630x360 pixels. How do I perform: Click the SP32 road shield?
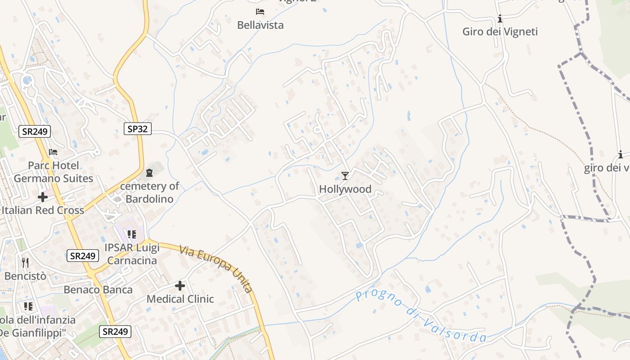(137, 129)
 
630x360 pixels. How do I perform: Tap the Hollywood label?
(345, 189)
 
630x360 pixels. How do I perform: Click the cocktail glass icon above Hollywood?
(345, 175)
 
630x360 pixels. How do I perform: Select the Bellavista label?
(261, 25)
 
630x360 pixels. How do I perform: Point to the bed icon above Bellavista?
(260, 11)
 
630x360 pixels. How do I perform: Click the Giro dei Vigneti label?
(500, 31)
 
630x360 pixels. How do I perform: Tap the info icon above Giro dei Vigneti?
(500, 19)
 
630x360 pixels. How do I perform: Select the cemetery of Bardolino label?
(149, 192)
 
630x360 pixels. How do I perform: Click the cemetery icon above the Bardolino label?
(149, 172)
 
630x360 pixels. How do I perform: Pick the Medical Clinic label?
(180, 299)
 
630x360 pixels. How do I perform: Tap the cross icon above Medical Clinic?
(180, 286)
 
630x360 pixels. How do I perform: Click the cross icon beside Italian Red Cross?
(43, 197)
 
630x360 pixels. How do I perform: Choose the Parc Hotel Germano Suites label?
(54, 172)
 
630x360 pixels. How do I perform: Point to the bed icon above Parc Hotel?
(53, 152)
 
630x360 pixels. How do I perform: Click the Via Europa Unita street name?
(216, 269)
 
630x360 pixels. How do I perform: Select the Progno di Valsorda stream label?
(421, 317)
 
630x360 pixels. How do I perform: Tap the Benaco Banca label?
(98, 289)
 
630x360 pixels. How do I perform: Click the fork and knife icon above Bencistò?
(25, 262)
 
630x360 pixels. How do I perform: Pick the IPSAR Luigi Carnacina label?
(132, 254)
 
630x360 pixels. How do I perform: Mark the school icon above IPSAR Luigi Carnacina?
(131, 234)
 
